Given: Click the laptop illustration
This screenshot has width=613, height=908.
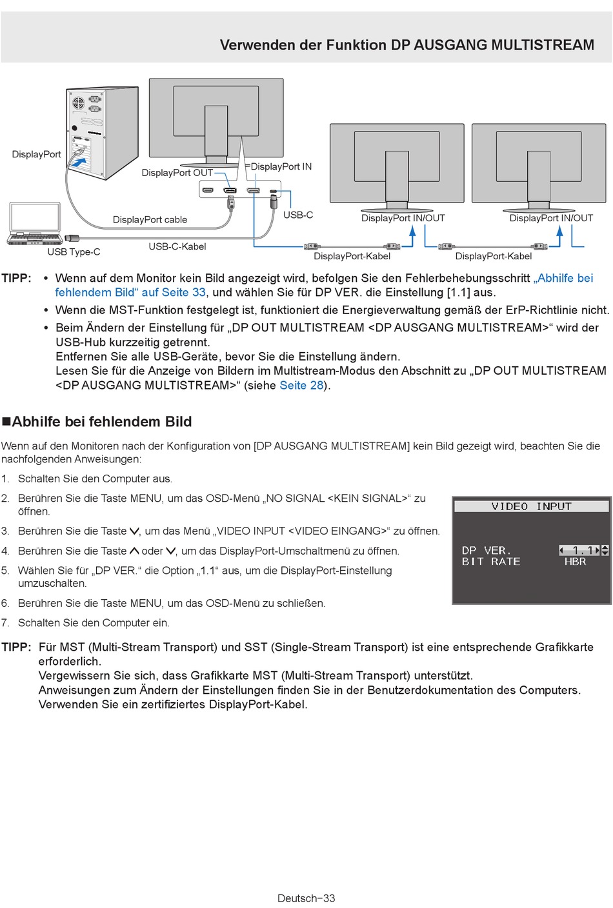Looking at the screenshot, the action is click(x=34, y=223).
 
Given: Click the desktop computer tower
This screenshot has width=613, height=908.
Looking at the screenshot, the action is click(x=102, y=133).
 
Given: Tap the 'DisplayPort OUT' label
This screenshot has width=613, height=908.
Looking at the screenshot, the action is click(x=177, y=173).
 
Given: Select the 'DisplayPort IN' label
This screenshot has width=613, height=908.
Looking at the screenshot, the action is click(x=281, y=166).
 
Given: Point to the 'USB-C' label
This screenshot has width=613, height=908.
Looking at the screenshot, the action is click(x=298, y=215).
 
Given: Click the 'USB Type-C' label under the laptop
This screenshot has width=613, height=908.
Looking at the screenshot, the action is click(x=74, y=252).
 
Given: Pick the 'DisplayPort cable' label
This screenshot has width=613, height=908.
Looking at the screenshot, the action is click(x=150, y=220).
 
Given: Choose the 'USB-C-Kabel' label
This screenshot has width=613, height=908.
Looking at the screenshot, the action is click(x=177, y=246).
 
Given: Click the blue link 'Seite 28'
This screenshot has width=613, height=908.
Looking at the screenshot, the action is click(x=301, y=385).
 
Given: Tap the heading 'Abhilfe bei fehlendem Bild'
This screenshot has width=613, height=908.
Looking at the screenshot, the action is click(x=101, y=422).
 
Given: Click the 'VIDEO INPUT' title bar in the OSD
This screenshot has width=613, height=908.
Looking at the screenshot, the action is click(x=532, y=506).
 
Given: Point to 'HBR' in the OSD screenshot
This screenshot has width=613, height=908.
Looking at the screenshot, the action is click(x=575, y=562).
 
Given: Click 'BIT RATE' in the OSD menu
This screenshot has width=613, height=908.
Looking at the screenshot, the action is click(x=491, y=562).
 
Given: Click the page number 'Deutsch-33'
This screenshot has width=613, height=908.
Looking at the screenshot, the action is click(x=306, y=898).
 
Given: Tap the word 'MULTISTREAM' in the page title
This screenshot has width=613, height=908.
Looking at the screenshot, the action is click(x=543, y=44).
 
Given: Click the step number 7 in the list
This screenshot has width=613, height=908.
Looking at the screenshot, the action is click(x=5, y=622).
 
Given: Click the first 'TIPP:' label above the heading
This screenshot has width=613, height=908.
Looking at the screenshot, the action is click(x=16, y=278).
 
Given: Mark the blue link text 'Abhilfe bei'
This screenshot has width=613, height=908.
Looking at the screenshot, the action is click(x=563, y=278).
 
